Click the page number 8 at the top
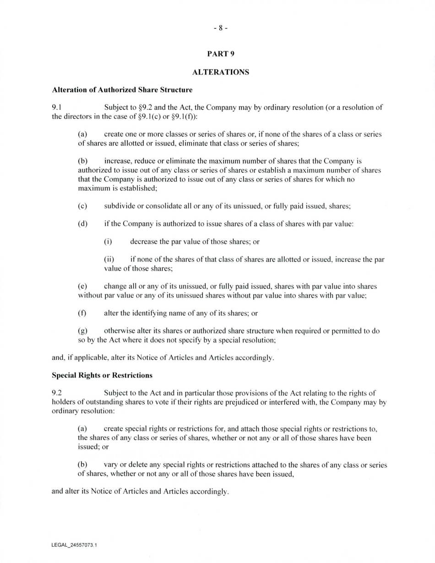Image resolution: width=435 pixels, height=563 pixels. click(220, 28)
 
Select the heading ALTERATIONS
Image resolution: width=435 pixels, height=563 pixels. click(221, 72)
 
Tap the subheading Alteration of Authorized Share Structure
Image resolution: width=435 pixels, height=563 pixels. click(122, 90)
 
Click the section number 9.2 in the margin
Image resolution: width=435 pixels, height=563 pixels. click(57, 393)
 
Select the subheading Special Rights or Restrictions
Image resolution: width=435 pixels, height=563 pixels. click(102, 375)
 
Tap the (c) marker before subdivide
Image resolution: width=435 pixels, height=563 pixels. click(82, 206)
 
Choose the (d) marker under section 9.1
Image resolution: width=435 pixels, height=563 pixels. click(82, 224)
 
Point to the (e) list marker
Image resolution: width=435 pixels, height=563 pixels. click(82, 287)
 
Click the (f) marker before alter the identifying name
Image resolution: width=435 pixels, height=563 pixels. click(82, 314)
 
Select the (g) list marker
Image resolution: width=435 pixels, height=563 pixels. click(82, 331)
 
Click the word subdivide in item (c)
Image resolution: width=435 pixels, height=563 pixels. click(120, 206)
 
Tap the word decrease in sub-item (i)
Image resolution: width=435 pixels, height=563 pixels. click(144, 242)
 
